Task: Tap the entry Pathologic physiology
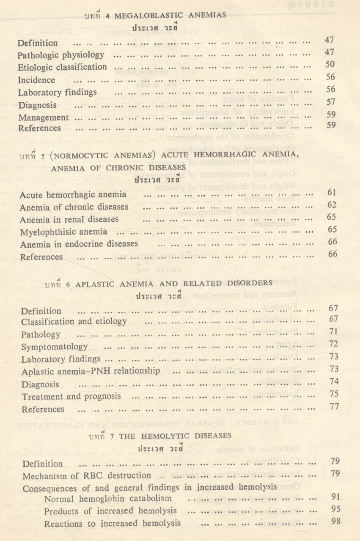(x=61, y=55)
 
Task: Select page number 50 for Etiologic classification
(x=330, y=64)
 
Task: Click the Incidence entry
(x=36, y=80)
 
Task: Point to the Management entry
(x=43, y=117)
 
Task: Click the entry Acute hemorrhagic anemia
(x=73, y=195)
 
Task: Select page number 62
(x=332, y=205)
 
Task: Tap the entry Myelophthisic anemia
(x=63, y=232)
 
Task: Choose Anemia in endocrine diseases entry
(x=79, y=244)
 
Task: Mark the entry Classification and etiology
(x=74, y=322)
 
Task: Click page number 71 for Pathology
(x=333, y=332)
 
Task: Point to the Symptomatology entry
(x=55, y=347)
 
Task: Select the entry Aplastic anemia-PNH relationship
(x=91, y=372)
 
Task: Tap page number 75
(x=333, y=394)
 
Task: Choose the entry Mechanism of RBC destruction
(x=86, y=476)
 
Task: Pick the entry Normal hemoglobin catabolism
(x=108, y=499)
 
